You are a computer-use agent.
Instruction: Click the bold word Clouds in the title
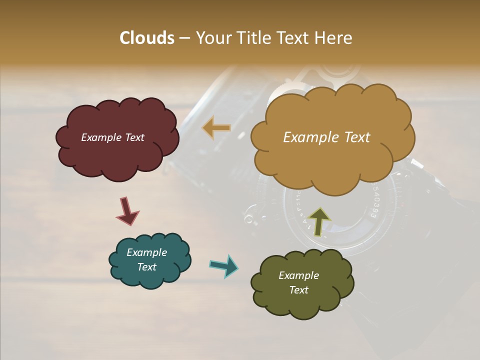pos(147,38)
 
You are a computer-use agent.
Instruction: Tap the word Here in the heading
pos(333,38)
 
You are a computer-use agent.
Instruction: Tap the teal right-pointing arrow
pos(223,265)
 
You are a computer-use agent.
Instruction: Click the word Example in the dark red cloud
pos(100,137)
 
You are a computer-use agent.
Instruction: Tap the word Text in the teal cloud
pos(147,267)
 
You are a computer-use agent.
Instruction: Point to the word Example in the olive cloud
pos(298,275)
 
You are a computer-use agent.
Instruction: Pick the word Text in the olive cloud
pos(298,290)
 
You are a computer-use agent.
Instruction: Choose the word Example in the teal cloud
pos(146,252)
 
